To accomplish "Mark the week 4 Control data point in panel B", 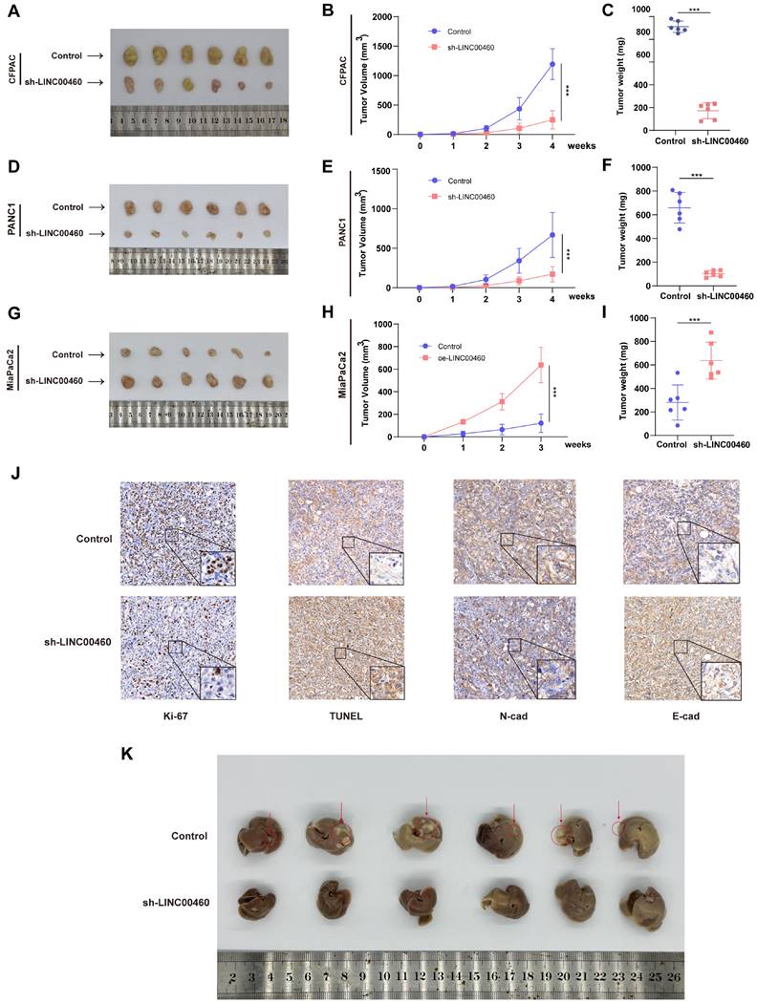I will click(552, 64).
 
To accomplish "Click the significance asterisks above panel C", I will click(695, 11).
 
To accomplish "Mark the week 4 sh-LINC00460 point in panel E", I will click(552, 274).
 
